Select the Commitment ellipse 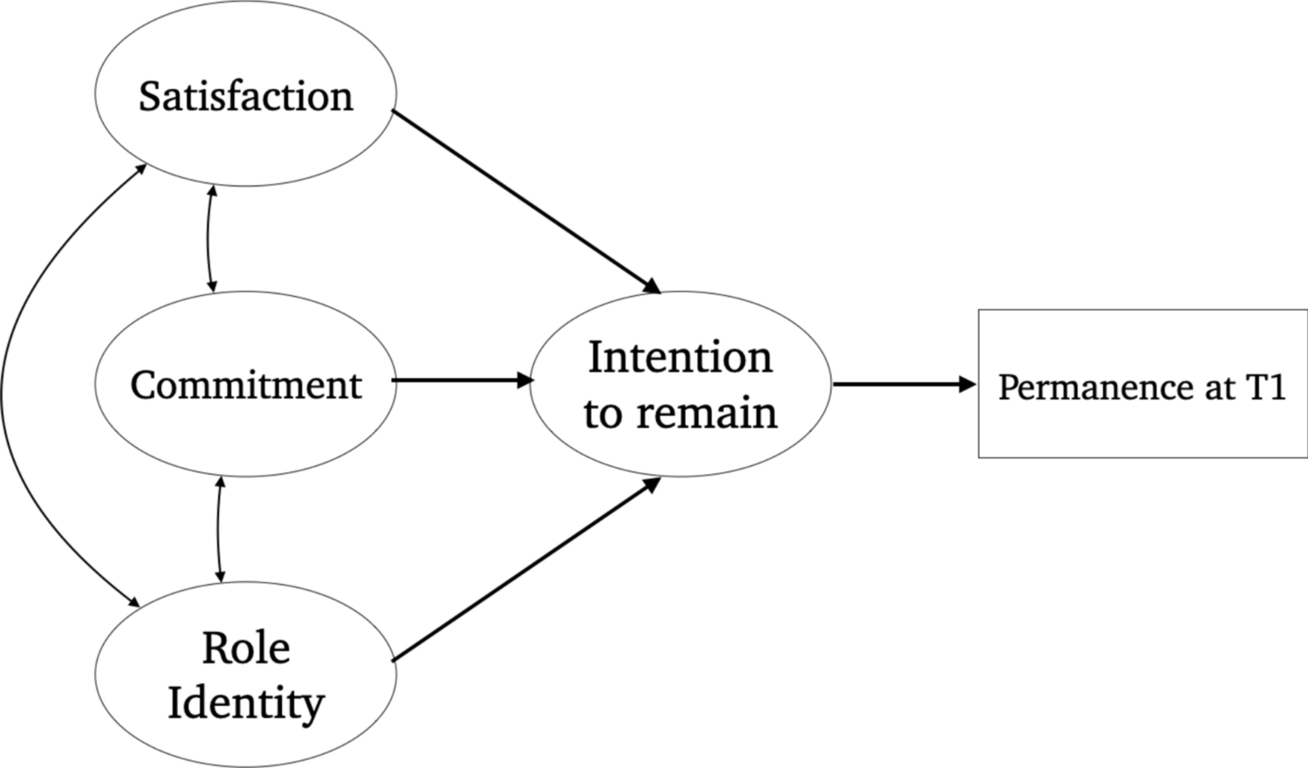click(245, 384)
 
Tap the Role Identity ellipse click(245, 675)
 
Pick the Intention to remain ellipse click(680, 384)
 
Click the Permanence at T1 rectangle click(1141, 384)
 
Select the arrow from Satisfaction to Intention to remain click(524, 200)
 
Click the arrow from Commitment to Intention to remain click(458, 381)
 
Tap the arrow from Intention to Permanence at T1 click(899, 384)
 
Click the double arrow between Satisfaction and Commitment click(209, 238)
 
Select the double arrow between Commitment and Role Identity click(218, 529)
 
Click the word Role click(245, 648)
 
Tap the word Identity click(245, 703)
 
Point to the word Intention click(680, 357)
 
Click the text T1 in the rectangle click(1266, 387)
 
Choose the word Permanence click(1097, 387)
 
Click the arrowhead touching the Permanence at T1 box click(968, 384)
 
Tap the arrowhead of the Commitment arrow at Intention click(525, 381)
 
